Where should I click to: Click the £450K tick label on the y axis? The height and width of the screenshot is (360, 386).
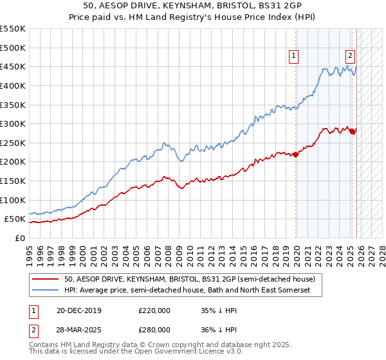[13, 66]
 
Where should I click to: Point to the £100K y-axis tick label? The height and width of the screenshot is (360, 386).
[13, 200]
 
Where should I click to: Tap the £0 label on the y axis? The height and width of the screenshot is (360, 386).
[20, 238]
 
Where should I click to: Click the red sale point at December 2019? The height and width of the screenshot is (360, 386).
[296, 154]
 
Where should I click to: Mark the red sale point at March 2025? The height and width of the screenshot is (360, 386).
[352, 131]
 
